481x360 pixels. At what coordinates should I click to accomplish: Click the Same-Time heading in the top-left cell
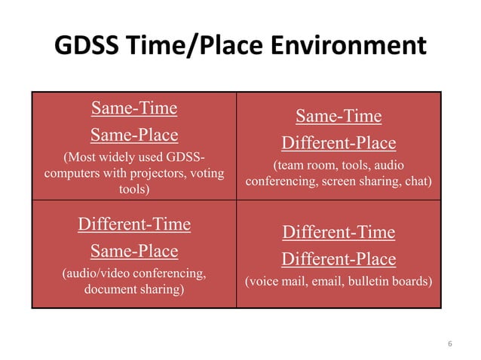pyautogui.click(x=134, y=108)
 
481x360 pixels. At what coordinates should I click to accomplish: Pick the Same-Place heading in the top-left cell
pyautogui.click(x=134, y=136)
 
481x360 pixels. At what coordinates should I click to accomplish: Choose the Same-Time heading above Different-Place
pyautogui.click(x=338, y=116)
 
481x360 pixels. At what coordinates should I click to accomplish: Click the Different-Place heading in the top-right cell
pyautogui.click(x=338, y=143)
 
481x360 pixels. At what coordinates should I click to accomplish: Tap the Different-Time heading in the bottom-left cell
pyautogui.click(x=134, y=224)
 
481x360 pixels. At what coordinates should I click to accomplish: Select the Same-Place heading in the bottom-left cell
pyautogui.click(x=134, y=251)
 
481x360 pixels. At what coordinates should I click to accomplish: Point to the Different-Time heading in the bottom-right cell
pyautogui.click(x=338, y=232)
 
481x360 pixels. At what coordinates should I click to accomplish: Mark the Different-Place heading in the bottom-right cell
pyautogui.click(x=338, y=259)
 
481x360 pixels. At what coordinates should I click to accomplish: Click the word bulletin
pyautogui.click(x=375, y=282)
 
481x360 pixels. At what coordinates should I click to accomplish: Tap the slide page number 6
pyautogui.click(x=449, y=344)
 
